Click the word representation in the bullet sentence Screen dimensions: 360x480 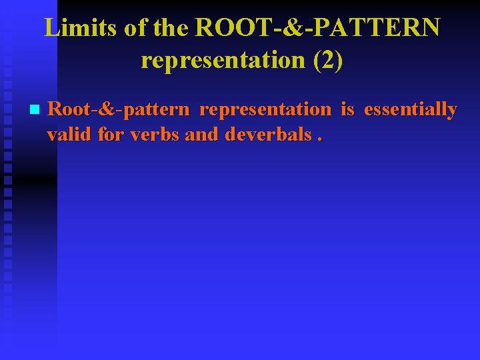(x=265, y=109)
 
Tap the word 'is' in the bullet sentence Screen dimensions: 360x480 (x=347, y=109)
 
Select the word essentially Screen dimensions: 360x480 (x=411, y=109)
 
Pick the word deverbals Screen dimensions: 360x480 (x=268, y=134)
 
